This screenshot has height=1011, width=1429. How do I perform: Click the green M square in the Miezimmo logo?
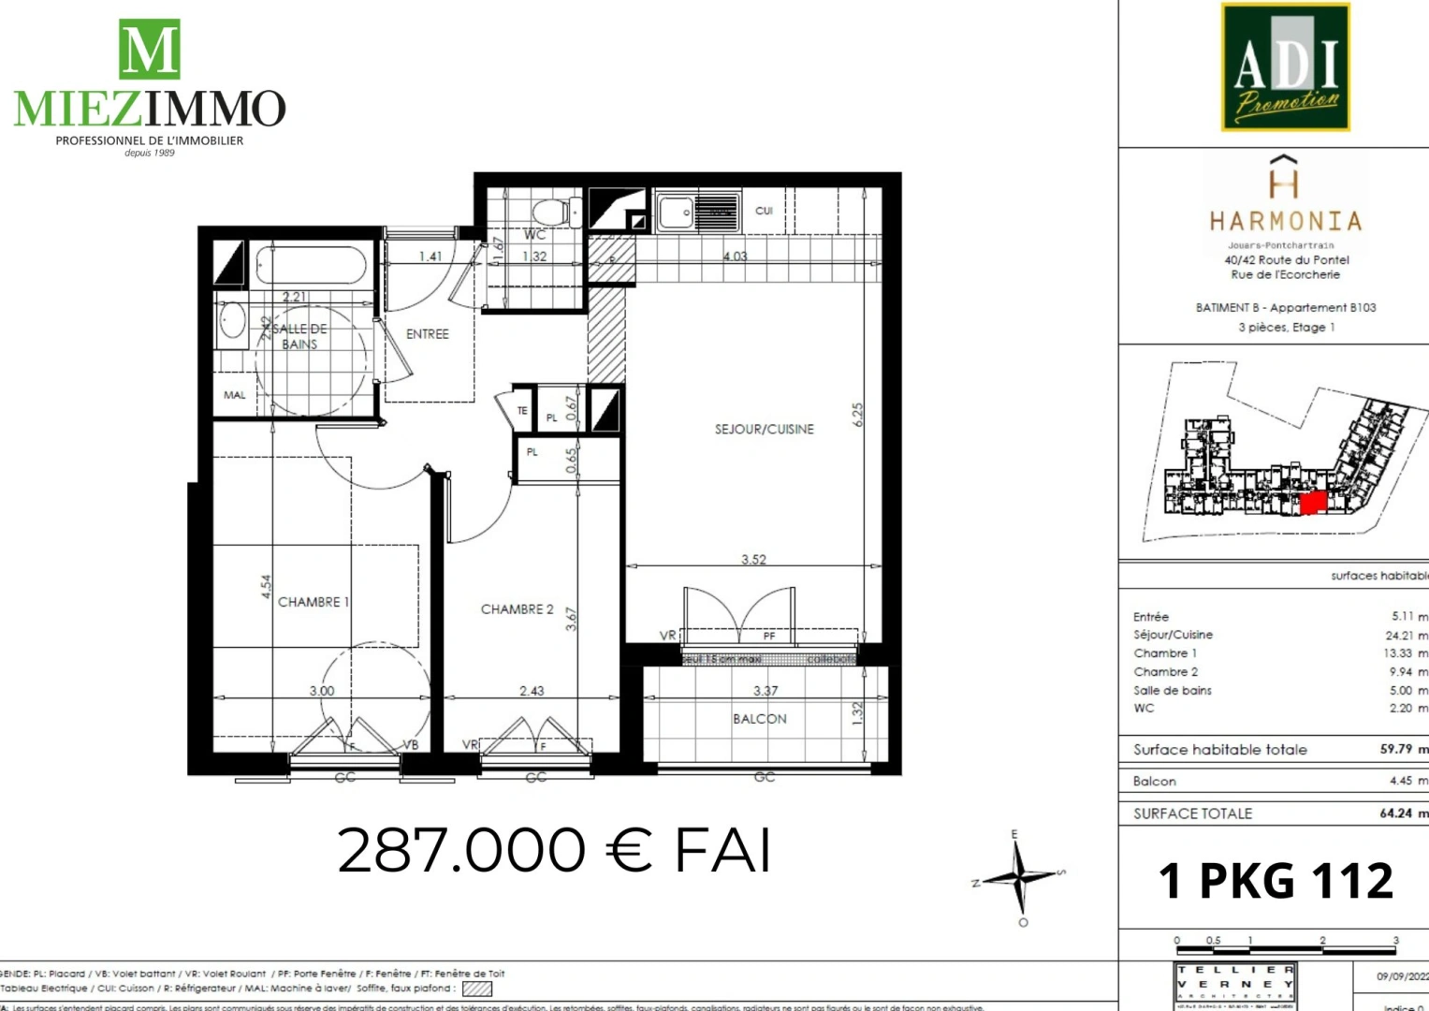(149, 49)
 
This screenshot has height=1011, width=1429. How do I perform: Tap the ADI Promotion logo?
(1285, 67)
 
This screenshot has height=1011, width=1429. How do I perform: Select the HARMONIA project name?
(1285, 221)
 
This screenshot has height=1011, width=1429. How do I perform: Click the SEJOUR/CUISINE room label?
(764, 429)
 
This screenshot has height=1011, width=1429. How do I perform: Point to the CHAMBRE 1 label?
(313, 602)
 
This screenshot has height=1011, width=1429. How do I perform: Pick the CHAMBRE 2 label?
(517, 609)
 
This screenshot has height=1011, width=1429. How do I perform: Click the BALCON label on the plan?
(759, 719)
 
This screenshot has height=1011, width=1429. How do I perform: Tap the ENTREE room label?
(427, 334)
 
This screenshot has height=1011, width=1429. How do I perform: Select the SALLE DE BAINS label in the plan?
(299, 336)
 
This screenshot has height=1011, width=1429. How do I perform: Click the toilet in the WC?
(556, 212)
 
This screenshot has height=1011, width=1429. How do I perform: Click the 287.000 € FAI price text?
(554, 850)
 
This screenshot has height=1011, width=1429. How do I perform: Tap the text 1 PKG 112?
(1276, 881)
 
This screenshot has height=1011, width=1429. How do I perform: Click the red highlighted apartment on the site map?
(1313, 504)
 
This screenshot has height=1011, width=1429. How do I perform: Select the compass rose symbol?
(1019, 877)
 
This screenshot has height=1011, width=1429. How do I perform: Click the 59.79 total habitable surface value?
(1395, 749)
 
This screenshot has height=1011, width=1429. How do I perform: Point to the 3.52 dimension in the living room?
(753, 559)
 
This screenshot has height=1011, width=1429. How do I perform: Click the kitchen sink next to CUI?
(675, 212)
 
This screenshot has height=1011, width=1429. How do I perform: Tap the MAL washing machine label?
(234, 395)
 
